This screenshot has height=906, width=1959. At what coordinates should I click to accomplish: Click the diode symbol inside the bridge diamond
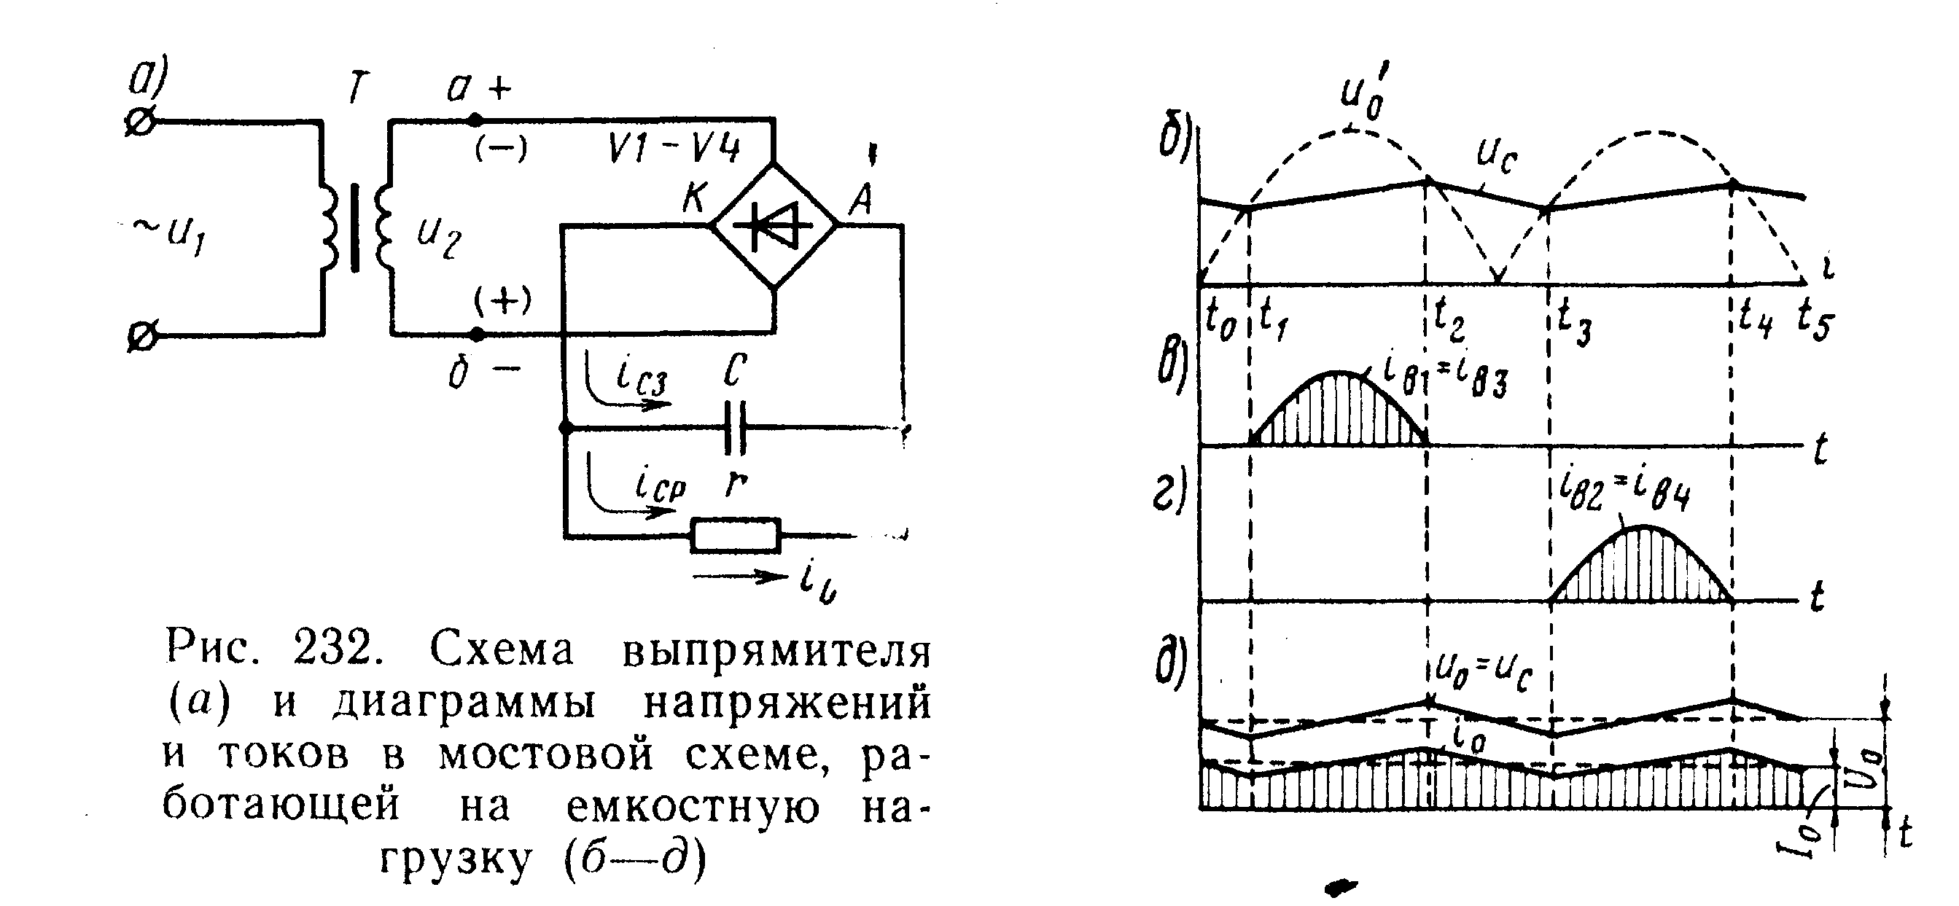[x=775, y=225]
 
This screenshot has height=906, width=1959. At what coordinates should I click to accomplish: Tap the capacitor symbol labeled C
[x=735, y=429]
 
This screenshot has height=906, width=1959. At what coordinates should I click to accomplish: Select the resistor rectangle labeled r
[x=736, y=535]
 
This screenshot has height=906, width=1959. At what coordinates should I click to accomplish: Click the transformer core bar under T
[x=354, y=227]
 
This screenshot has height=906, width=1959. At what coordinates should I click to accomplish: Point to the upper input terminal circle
[x=141, y=121]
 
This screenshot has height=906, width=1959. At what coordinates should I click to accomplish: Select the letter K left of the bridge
[x=694, y=199]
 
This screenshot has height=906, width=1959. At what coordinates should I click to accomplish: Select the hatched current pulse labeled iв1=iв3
[x=1339, y=414]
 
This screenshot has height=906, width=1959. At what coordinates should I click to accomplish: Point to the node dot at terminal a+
[x=475, y=120]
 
